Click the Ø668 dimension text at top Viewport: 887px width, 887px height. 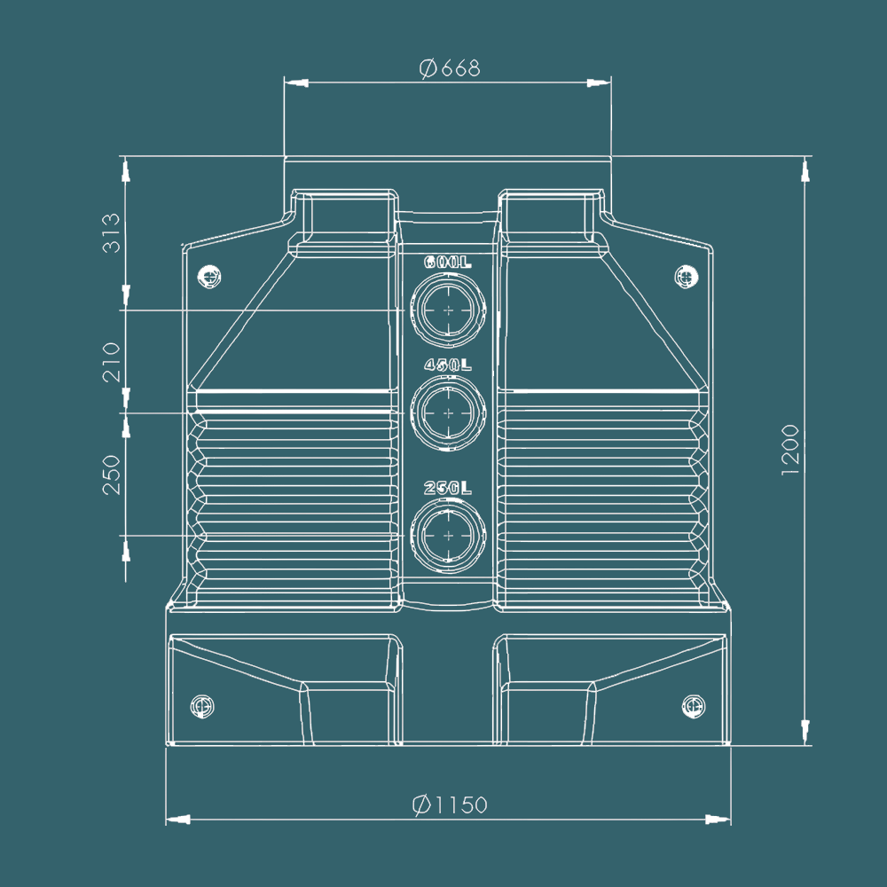(x=449, y=68)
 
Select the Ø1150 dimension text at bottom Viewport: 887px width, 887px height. (x=450, y=805)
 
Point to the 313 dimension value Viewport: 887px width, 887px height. (x=112, y=232)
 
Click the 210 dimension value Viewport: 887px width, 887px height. (x=112, y=362)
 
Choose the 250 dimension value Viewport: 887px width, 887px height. (x=112, y=475)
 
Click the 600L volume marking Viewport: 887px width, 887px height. (x=448, y=263)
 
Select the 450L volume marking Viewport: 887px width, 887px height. (x=448, y=365)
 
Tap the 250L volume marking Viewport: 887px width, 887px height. (x=448, y=488)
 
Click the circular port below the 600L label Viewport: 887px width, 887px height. (x=449, y=310)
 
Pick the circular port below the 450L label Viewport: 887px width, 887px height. (x=449, y=412)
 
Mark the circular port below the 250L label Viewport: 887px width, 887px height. (x=449, y=536)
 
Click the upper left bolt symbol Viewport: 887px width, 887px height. (x=210, y=277)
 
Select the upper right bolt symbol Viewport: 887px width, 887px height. (x=685, y=277)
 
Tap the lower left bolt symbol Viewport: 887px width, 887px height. (x=201, y=707)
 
